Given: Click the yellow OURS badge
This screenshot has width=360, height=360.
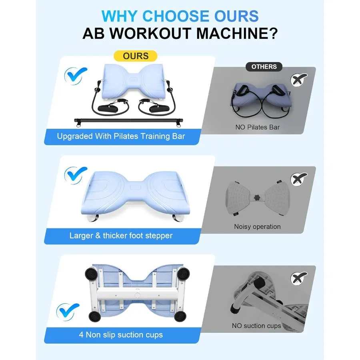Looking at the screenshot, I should (136, 56).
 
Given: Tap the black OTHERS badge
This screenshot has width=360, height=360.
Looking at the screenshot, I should (264, 67).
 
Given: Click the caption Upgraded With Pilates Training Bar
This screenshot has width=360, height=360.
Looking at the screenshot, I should (121, 136).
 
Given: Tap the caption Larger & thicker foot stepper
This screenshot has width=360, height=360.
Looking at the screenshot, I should (121, 236).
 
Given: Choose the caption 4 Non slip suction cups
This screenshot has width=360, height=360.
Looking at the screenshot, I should (121, 334).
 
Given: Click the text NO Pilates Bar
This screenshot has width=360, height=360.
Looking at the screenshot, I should (257, 128).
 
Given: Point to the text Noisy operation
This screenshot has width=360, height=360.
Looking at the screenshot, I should (257, 227).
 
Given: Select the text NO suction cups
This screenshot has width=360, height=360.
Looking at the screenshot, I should (256, 326).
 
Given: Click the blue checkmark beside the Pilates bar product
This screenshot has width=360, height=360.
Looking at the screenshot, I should (76, 75).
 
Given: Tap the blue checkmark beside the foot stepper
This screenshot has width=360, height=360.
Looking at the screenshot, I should (76, 174).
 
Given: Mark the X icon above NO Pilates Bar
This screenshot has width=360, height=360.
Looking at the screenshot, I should (300, 80).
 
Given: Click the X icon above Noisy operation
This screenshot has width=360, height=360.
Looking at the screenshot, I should (300, 179).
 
